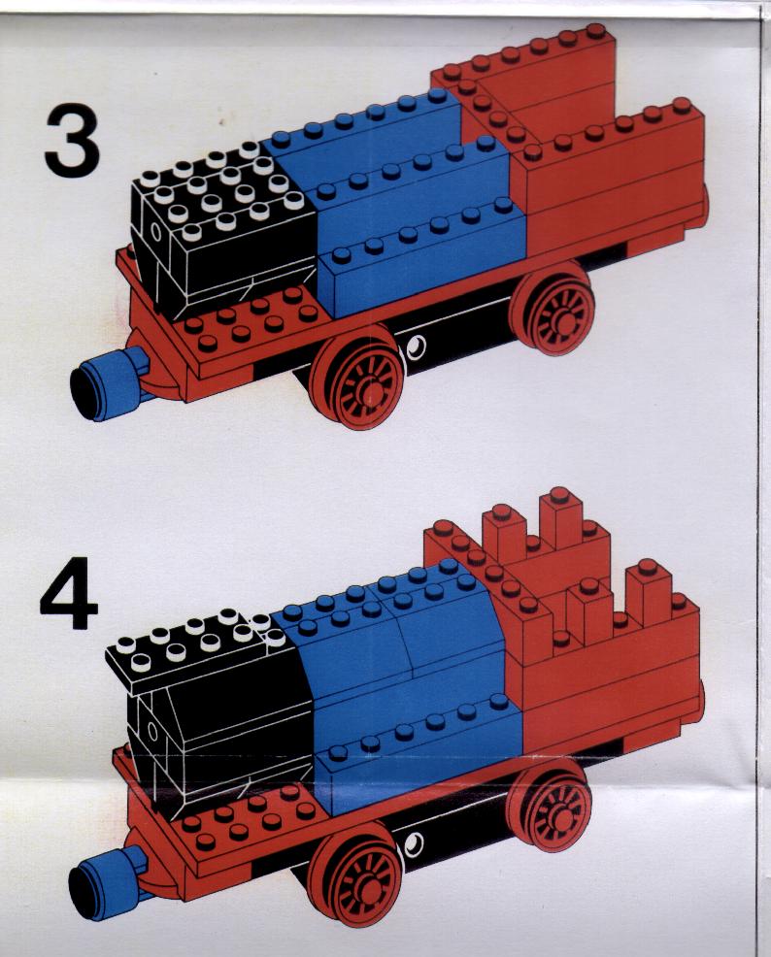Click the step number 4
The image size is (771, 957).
point(69,593)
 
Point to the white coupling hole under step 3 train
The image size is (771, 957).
point(417,346)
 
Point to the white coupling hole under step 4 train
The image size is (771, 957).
point(415,844)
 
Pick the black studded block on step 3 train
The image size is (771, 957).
point(222,229)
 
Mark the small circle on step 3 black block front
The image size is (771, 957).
point(155,231)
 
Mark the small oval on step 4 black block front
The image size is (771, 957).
point(152,730)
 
